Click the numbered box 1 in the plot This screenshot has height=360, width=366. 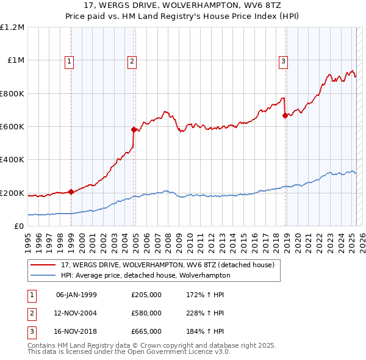point(70,60)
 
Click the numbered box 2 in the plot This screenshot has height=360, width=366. point(132,60)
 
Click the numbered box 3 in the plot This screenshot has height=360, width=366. point(284,60)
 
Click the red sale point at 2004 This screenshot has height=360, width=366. point(134,129)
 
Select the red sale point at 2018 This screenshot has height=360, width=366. point(285,115)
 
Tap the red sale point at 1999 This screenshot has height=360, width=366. point(71,192)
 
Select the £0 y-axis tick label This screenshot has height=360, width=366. point(19,226)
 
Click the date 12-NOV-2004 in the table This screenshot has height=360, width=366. point(76,313)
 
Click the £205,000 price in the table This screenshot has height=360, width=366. point(146,295)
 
